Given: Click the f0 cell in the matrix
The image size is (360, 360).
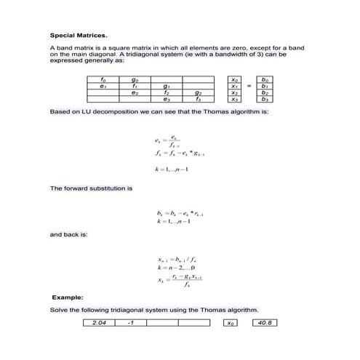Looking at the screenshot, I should pos(103,79).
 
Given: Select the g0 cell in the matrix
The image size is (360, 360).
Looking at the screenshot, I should pos(135,79).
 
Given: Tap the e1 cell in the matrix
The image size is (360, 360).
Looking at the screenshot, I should pos(103,86).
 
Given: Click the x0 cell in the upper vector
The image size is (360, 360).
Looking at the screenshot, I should pos(233,79).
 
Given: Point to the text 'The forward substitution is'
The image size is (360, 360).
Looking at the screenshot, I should pos(90,188).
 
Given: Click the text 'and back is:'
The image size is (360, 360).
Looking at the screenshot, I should pos(68,235).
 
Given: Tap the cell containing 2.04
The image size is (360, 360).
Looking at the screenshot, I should pos(100,322).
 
